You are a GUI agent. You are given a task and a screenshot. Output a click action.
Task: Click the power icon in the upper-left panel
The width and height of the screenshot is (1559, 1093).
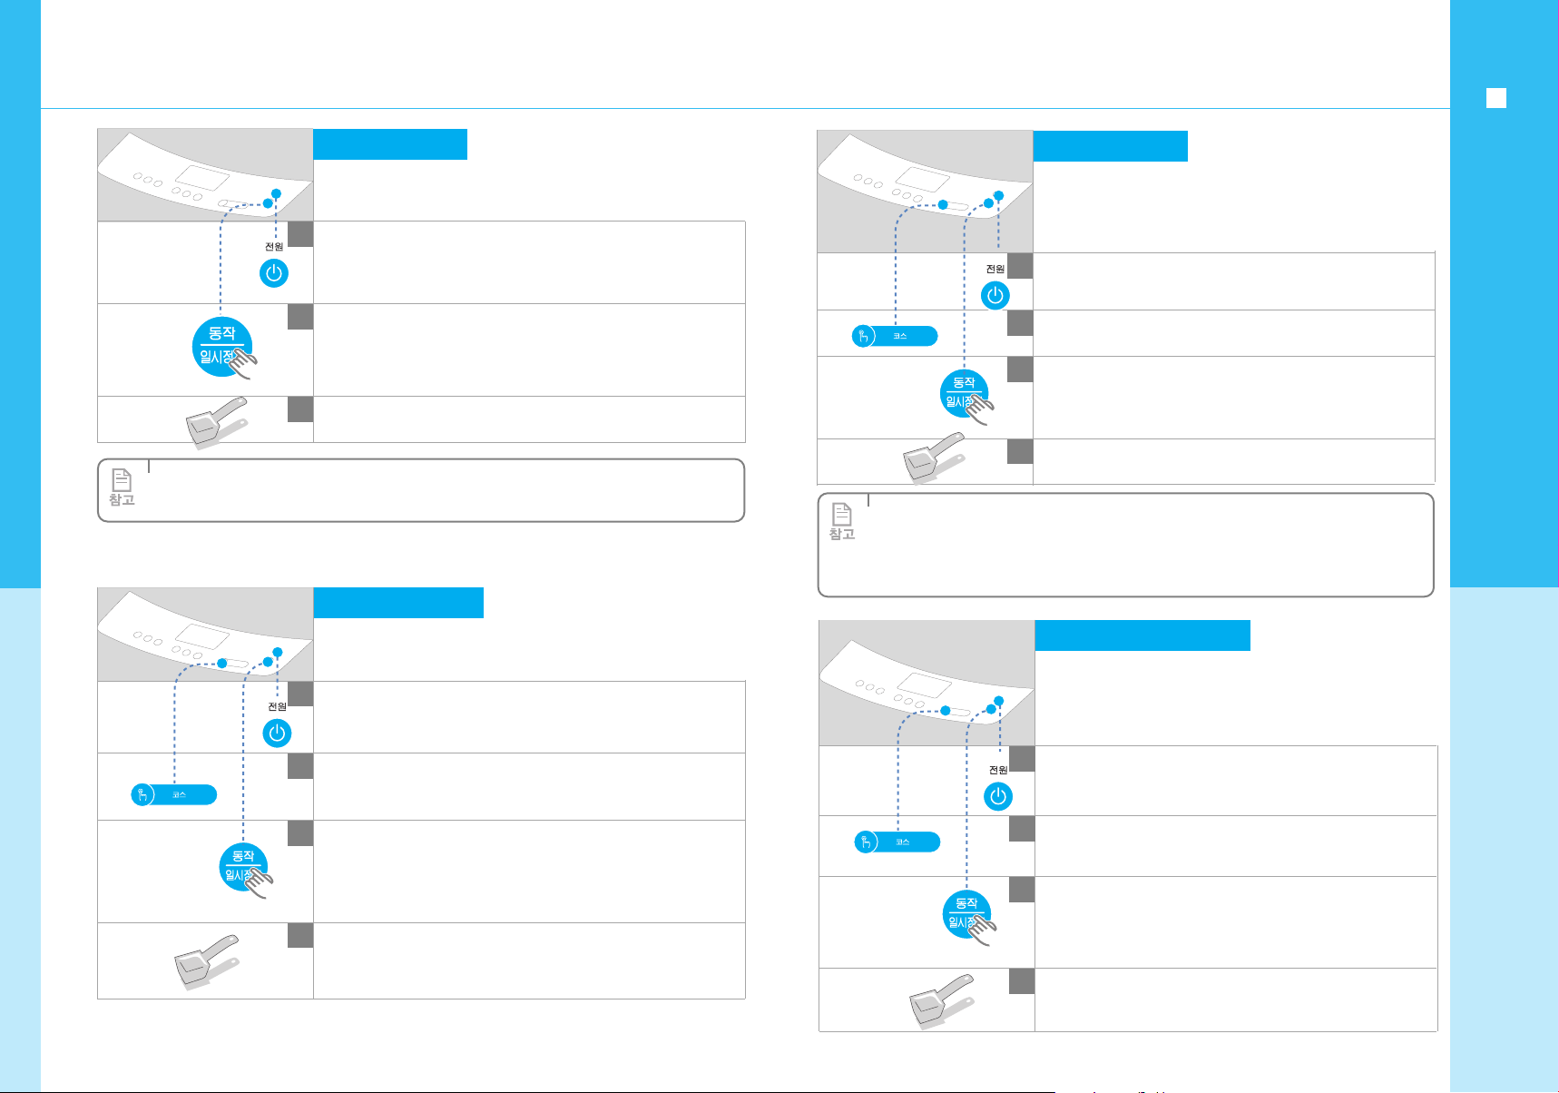click(273, 273)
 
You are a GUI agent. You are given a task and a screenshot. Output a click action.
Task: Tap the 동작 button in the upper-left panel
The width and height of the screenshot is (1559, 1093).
click(221, 346)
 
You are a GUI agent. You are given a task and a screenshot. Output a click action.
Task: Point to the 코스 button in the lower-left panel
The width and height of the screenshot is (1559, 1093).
click(174, 795)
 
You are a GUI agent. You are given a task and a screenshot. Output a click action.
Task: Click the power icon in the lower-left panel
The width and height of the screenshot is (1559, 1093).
click(277, 733)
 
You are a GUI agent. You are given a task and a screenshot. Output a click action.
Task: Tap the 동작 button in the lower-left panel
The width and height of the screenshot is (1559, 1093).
click(242, 866)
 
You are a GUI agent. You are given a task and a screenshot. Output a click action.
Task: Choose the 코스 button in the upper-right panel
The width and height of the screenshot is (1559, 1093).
click(895, 337)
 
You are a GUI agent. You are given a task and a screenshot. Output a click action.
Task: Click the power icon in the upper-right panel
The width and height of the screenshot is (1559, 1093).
click(995, 296)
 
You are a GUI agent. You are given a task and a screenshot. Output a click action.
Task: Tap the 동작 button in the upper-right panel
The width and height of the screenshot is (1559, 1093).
click(963, 393)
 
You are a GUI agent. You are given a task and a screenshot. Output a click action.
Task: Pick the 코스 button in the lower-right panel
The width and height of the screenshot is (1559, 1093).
click(897, 842)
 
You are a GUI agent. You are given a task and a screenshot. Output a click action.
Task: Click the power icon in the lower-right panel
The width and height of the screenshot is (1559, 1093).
click(998, 796)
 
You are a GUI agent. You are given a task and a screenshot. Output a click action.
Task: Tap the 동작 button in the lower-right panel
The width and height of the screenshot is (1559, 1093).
click(966, 913)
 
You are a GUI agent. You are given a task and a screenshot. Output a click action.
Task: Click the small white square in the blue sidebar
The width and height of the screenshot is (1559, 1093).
click(1496, 98)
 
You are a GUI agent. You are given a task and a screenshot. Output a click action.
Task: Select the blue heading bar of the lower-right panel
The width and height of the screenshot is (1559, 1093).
click(1142, 635)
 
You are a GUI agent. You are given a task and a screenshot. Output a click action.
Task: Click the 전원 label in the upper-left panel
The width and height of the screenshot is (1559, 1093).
click(274, 247)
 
